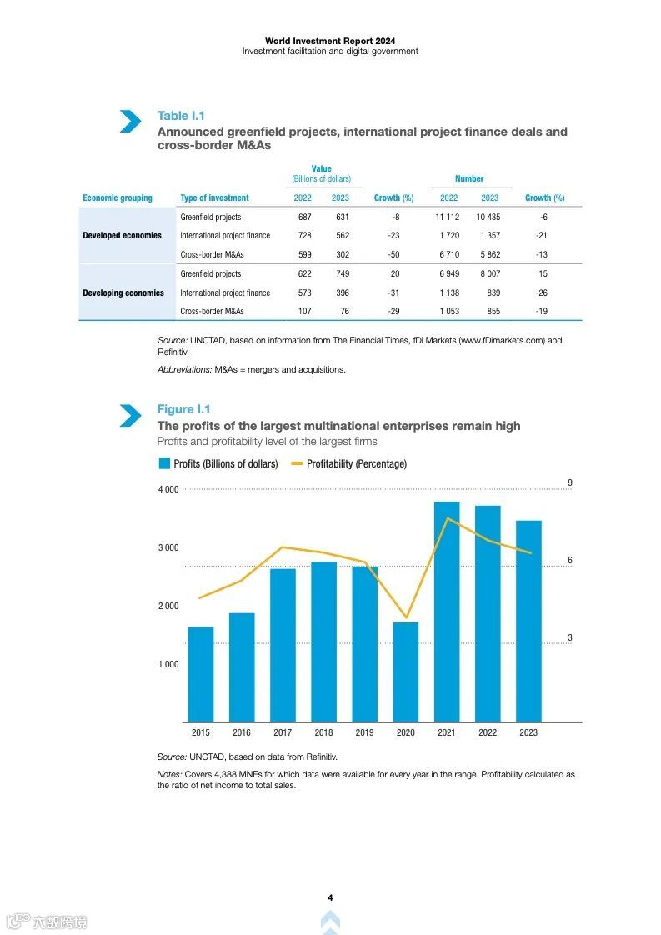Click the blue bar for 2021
pos(447,612)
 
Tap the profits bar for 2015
pos(201,674)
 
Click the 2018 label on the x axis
pos(323,733)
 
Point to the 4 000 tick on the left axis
pos(168,490)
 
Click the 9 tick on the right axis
pos(570,483)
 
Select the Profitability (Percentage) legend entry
pos(356,464)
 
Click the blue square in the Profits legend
pos(164,463)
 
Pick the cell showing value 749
pos(340,274)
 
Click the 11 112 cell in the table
pos(448,217)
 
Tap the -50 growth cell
pos(393,255)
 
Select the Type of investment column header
pos(214,198)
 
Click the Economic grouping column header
pos(118,198)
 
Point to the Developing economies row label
pos(123,293)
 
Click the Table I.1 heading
pos(181,116)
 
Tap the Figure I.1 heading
pos(183,409)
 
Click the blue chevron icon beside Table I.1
pos(130,122)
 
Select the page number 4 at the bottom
pos(330,897)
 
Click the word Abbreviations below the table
pos(184,369)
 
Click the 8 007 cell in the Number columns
pos(489,274)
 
